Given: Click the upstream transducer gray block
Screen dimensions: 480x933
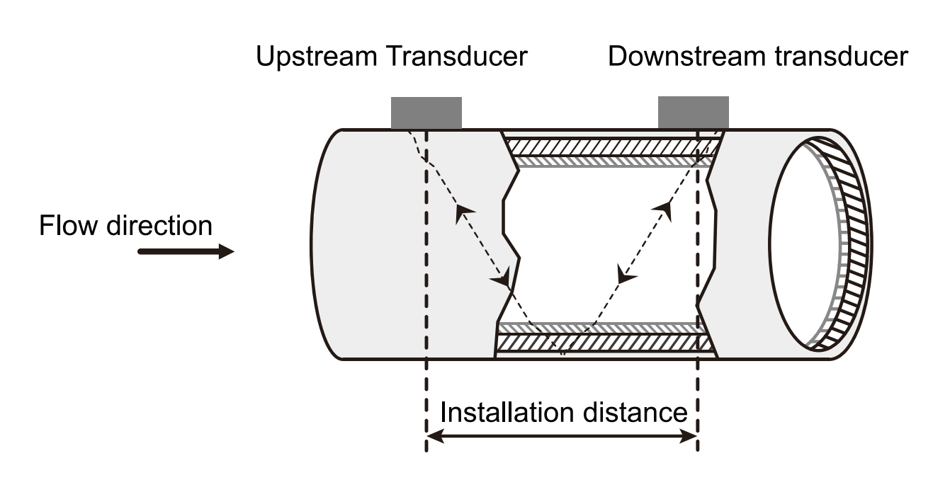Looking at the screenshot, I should tap(426, 113).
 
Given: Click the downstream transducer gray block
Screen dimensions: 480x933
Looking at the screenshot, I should tap(693, 113).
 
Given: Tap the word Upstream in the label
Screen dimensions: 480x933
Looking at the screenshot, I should tap(317, 57).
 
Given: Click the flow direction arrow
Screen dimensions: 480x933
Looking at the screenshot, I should tap(186, 251).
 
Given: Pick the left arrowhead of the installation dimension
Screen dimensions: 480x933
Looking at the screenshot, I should tap(434, 438).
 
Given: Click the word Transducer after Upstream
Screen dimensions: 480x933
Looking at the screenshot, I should tap(457, 57).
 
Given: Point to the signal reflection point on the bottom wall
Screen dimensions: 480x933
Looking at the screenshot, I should tap(562, 351).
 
